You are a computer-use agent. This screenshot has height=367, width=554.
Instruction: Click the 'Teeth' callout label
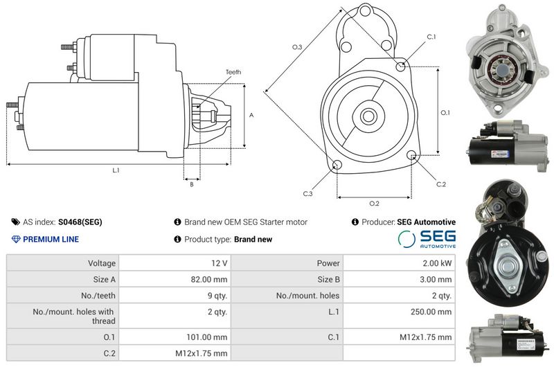233,72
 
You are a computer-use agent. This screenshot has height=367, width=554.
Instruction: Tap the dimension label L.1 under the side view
116,170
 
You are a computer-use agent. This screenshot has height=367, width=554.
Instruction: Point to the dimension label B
192,184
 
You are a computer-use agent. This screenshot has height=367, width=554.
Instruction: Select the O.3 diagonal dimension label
297,47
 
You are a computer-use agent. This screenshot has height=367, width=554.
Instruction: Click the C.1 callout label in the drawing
431,37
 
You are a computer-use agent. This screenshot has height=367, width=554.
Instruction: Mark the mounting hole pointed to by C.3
337,165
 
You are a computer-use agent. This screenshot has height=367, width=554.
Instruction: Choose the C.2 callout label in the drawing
441,184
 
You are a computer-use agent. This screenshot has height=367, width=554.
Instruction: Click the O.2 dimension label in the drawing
374,204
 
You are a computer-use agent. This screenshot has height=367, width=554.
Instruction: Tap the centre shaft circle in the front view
368,116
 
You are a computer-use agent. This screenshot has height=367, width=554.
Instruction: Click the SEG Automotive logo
427,238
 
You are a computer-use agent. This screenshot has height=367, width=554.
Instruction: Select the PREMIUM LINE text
51,239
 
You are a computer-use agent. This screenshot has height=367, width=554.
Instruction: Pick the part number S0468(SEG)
80,222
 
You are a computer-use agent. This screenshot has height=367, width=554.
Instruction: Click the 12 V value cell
220,263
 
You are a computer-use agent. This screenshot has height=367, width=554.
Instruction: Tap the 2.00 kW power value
438,263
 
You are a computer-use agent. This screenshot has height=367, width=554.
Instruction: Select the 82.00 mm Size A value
209,279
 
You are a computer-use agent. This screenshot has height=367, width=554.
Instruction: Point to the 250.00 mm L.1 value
431,312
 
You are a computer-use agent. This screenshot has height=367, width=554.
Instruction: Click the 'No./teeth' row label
98,296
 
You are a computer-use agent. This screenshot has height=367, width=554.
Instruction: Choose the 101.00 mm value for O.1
206,337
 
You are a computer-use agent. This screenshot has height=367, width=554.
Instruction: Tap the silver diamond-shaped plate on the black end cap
508,266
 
